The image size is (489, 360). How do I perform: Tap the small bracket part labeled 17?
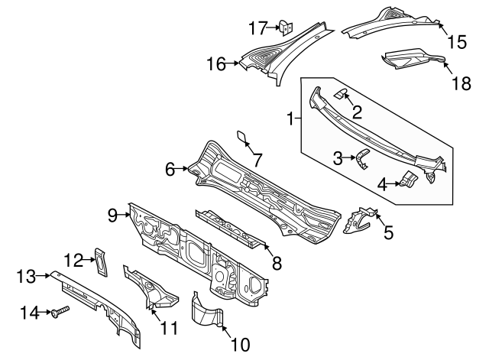(x=287, y=28)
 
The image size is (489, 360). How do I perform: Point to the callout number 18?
(x=460, y=82)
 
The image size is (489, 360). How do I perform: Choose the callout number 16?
(x=217, y=64)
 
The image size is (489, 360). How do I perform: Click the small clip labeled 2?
(x=343, y=94)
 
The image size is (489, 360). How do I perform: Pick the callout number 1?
(x=290, y=118)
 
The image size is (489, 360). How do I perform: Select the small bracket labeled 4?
(x=408, y=180)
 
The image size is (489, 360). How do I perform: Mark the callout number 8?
(x=277, y=263)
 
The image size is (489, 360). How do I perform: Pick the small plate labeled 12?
(x=99, y=260)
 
